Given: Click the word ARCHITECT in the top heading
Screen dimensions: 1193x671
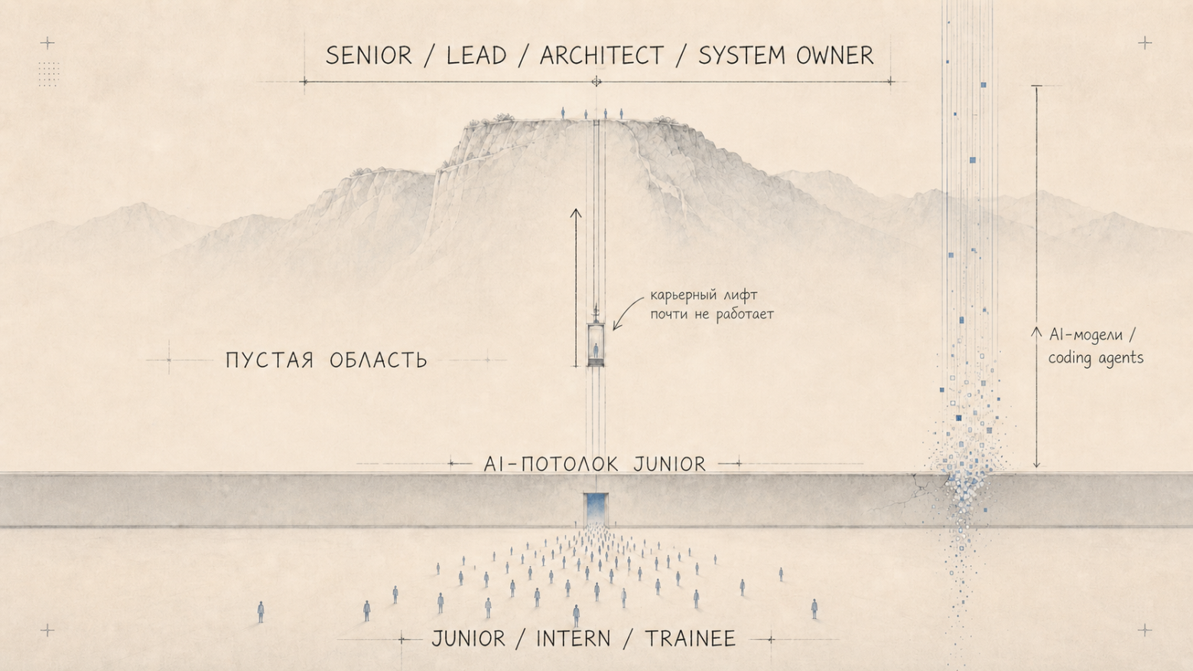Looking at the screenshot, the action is (x=602, y=55).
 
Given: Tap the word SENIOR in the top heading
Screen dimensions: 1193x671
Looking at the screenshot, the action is (x=369, y=55).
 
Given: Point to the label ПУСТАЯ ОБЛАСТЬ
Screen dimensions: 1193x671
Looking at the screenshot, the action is (x=326, y=360).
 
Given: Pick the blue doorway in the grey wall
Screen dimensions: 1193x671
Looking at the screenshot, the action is (x=596, y=509).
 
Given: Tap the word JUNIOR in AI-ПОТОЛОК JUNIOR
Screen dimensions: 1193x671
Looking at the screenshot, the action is (x=669, y=464).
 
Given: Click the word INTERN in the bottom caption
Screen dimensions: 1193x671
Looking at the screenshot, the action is (x=573, y=639).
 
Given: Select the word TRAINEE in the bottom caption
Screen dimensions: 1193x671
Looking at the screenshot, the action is (x=691, y=639).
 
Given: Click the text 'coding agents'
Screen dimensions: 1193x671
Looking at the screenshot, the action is (x=1096, y=357).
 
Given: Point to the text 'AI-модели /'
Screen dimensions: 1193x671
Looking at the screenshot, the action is (x=1092, y=334).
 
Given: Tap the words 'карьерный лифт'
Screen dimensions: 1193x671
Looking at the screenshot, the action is (x=704, y=295).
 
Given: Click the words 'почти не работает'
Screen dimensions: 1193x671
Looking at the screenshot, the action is (x=712, y=314).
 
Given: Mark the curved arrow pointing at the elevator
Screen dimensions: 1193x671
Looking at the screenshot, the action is (x=625, y=311).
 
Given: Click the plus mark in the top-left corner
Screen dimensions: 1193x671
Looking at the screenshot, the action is (x=47, y=43).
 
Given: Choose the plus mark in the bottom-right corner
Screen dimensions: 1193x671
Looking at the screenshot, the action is (x=1145, y=630).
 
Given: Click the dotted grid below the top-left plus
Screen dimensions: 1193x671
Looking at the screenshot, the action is (x=48, y=73).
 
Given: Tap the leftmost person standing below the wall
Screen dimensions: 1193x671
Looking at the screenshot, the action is (x=261, y=612).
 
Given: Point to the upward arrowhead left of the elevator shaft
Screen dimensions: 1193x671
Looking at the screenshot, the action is (x=576, y=213).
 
